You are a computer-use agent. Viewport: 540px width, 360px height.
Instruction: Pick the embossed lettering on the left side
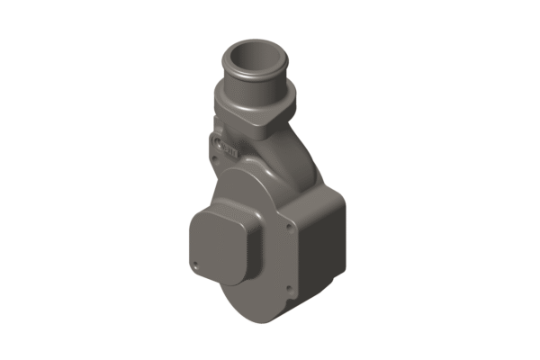(x=228, y=149)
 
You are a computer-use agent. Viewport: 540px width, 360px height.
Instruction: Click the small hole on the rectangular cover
(x=195, y=263)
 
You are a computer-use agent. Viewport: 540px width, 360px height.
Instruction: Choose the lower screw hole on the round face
(x=287, y=289)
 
